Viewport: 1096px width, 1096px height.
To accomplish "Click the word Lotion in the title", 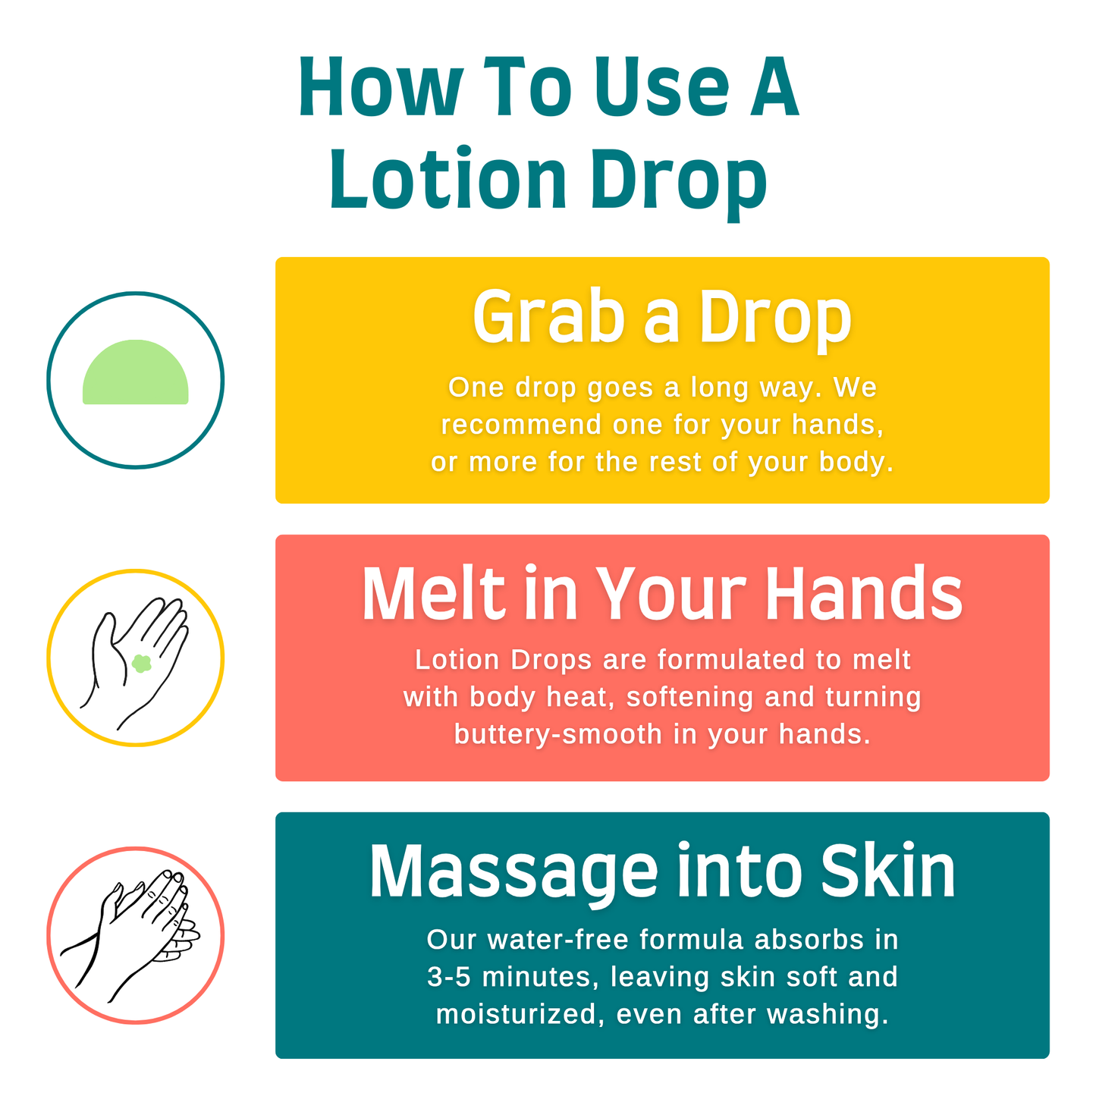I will pyautogui.click(x=448, y=181).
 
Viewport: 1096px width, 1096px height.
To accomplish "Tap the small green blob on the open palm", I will pyautogui.click(x=141, y=664).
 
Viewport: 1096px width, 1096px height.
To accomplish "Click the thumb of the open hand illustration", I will pyautogui.click(x=103, y=641).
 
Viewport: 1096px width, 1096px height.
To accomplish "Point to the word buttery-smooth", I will pyautogui.click(x=557, y=734).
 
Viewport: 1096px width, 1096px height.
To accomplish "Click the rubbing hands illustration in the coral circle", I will pyautogui.click(x=137, y=934).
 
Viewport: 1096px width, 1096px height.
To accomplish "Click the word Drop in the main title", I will pyautogui.click(x=678, y=181).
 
